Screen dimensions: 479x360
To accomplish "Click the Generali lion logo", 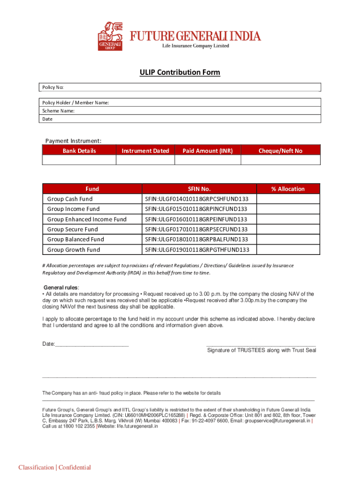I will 110,36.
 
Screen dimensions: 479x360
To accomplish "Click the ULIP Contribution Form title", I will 180,73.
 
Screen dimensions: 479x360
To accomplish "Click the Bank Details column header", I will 79,151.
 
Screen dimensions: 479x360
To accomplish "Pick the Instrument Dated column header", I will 145,151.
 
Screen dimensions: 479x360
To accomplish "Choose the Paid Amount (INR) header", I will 207,151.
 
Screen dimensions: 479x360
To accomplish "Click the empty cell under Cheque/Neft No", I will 281,160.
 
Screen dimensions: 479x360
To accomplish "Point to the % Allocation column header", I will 288,189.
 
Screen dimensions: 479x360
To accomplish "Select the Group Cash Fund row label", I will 70,199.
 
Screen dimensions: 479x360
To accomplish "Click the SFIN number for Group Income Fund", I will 196,209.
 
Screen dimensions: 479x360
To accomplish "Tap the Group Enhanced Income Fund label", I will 87,219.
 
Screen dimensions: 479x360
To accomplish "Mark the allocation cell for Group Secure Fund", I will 288,229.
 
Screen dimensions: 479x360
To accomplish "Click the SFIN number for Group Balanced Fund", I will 196,239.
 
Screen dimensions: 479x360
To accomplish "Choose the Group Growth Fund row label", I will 73,250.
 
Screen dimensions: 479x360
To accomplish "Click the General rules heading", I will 61,287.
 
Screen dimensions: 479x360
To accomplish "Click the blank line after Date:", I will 92,344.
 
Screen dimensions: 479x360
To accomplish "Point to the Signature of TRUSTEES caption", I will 261,350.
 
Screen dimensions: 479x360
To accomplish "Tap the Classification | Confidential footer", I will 55,468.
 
